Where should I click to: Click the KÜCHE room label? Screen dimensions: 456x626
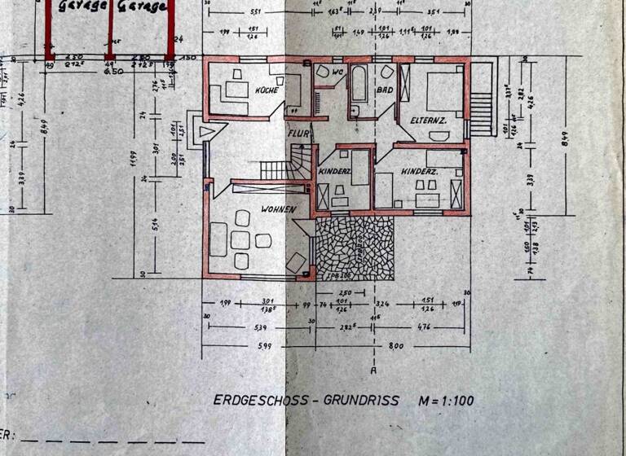click(267, 90)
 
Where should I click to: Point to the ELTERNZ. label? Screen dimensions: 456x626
click(428, 121)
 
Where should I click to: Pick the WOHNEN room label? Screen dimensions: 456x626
click(277, 209)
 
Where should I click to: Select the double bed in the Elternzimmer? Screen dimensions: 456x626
click(439, 87)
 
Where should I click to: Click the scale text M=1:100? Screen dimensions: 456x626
click(445, 400)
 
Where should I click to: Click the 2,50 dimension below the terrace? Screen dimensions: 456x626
click(345, 292)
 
